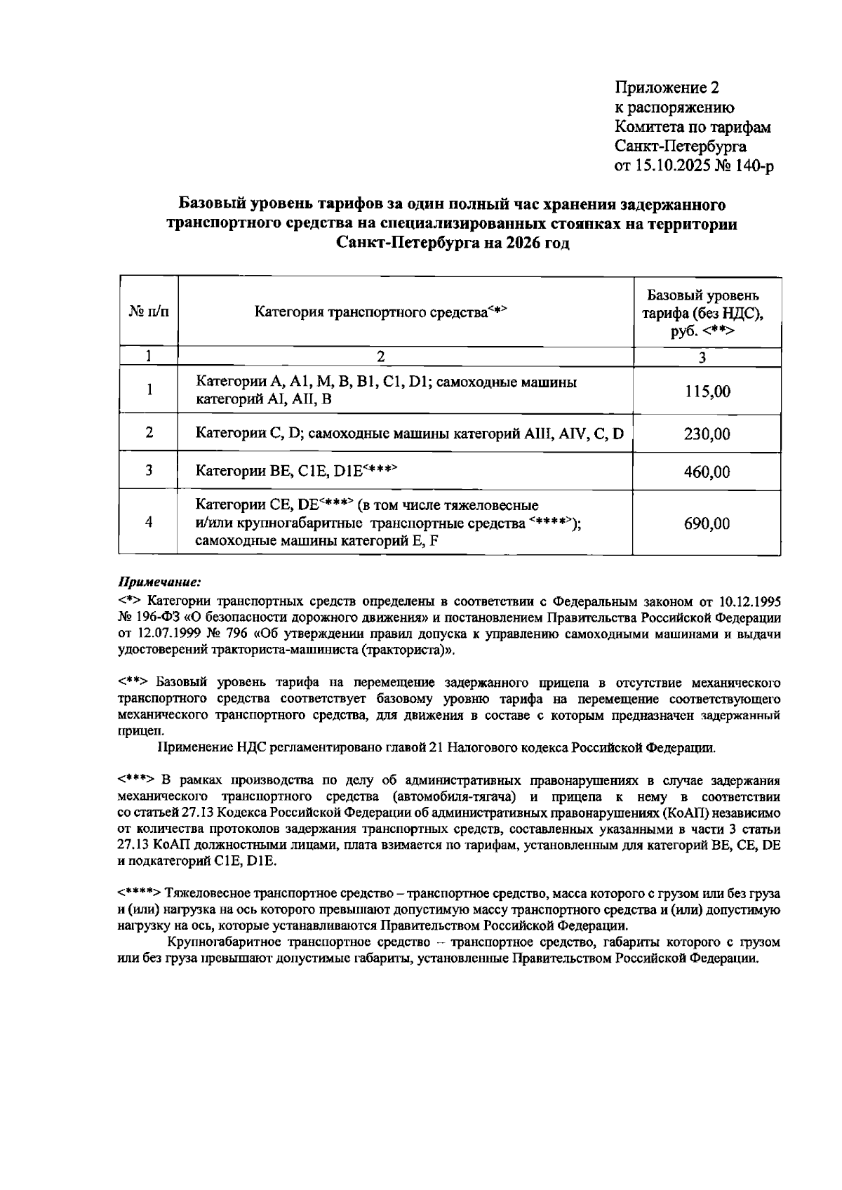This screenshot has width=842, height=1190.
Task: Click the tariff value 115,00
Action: pyautogui.click(x=707, y=392)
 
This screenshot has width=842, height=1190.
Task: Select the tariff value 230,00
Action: pyautogui.click(x=707, y=434)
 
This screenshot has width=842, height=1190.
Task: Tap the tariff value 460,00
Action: pyautogui.click(x=707, y=472)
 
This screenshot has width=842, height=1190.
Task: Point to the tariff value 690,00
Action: pyautogui.click(x=707, y=523)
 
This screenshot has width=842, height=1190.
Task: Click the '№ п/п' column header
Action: pyautogui.click(x=149, y=311)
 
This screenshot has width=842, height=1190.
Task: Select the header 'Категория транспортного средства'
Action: pyautogui.click(x=380, y=311)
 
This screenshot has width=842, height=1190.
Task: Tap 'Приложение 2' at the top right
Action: pyautogui.click(x=667, y=88)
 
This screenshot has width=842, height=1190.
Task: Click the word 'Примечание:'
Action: pyautogui.click(x=159, y=582)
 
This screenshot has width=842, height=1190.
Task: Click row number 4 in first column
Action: pyautogui.click(x=149, y=522)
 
